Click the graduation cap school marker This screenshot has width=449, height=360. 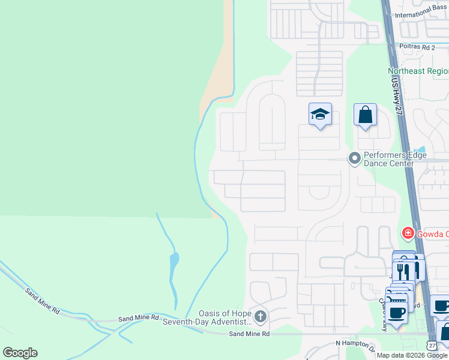tap(320, 114)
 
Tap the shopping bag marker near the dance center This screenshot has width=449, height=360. tap(365, 114)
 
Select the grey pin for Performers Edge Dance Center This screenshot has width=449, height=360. tap(354, 158)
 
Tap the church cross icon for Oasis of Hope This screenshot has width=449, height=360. tap(260, 316)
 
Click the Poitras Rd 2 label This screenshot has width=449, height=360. tap(417, 46)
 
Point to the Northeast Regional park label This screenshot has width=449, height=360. tap(418, 71)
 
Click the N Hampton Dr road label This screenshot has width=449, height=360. tap(358, 343)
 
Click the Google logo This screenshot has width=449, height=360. tap(20, 353)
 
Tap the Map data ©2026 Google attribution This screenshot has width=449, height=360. tap(412, 355)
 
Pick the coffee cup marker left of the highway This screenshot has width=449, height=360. tap(396, 312)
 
